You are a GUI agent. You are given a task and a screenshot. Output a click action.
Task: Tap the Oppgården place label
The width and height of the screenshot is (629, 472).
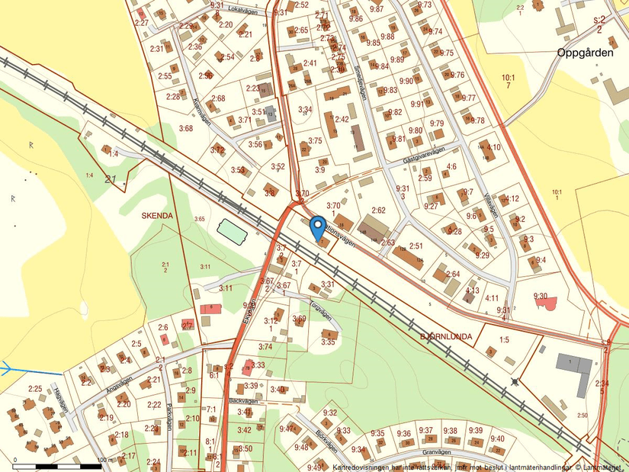(586, 53)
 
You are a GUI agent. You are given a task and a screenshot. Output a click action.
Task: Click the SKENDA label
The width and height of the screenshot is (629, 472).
(158, 216)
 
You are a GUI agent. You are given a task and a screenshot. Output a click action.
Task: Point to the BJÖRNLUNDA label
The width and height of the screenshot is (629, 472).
(446, 336)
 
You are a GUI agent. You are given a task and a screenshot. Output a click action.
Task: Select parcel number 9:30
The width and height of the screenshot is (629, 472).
(541, 296)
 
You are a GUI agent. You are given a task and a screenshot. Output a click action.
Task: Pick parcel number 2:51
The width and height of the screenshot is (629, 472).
(416, 246)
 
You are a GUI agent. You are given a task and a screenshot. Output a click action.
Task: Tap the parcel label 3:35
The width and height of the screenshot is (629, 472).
(328, 342)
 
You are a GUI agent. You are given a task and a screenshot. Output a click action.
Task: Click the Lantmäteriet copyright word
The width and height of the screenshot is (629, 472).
(603, 466)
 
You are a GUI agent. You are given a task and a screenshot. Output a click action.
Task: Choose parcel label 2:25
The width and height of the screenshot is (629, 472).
(35, 389)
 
